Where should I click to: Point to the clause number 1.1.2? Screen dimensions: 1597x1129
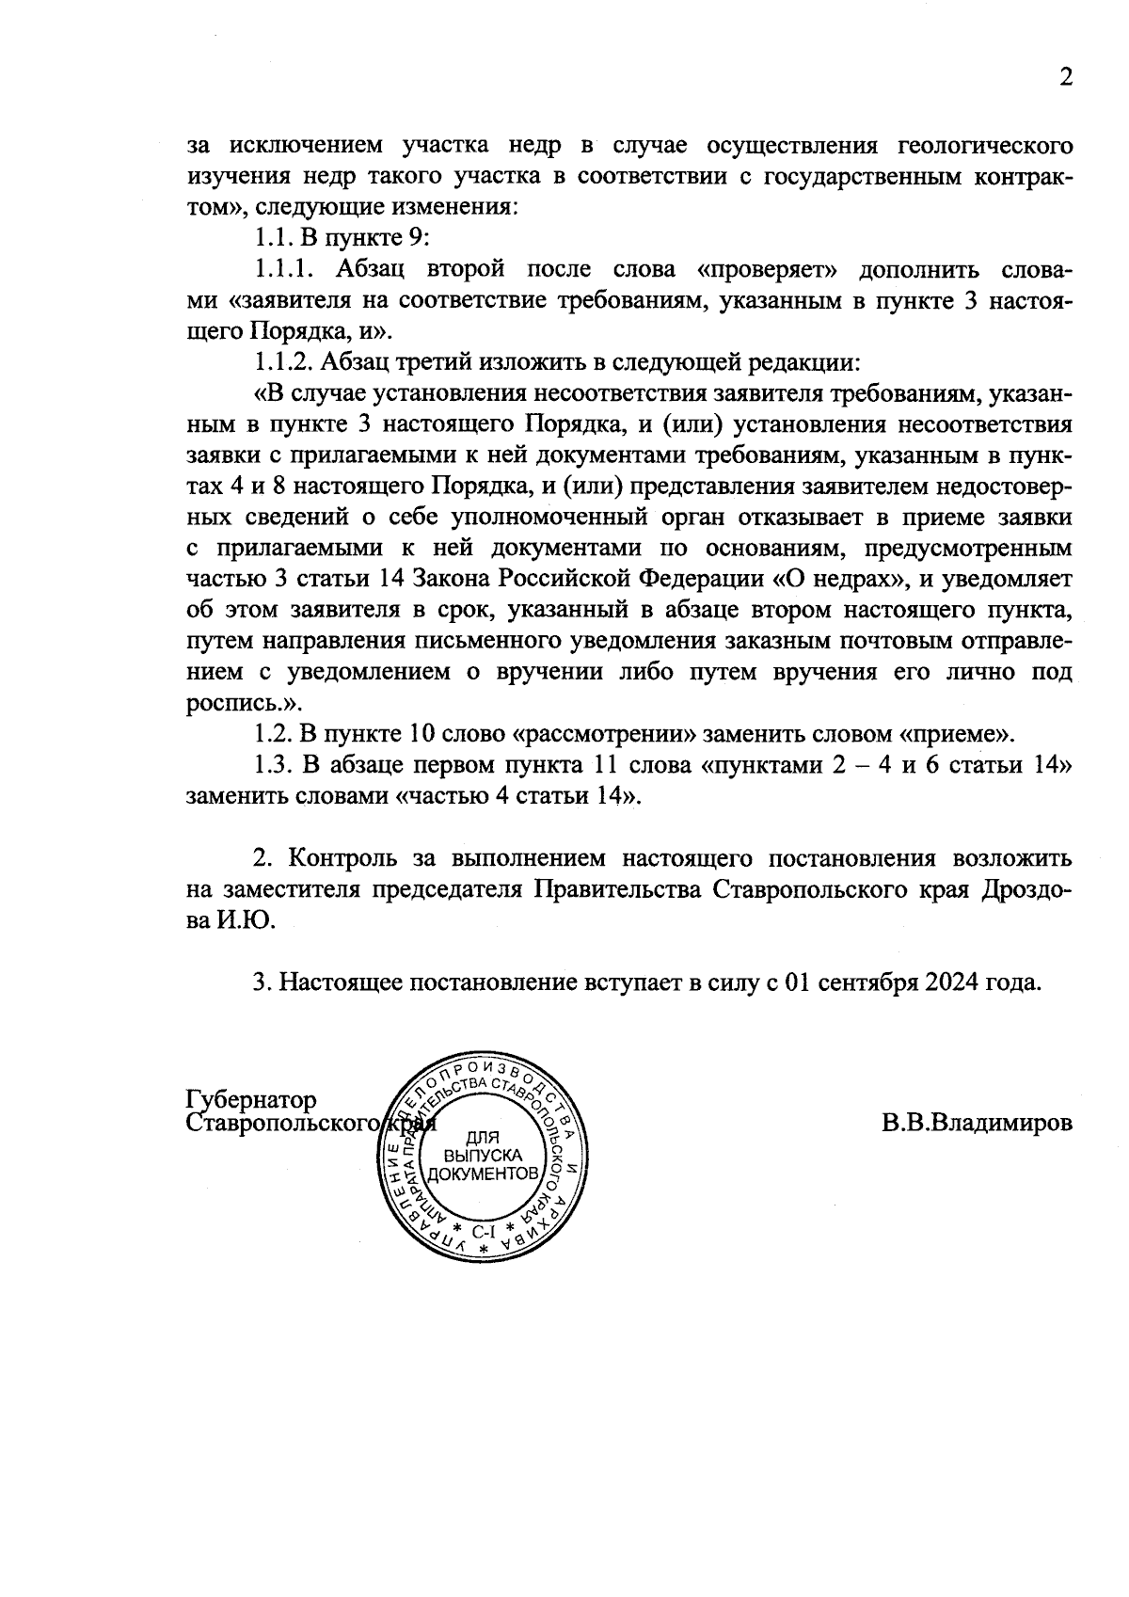(x=285, y=362)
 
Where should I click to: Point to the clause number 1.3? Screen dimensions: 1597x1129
(x=272, y=765)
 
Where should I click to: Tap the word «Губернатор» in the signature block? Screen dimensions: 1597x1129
(x=252, y=1100)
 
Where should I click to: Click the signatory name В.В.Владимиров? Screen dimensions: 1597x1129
(x=977, y=1124)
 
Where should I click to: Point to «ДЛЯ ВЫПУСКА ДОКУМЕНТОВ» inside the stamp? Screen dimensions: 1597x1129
(x=483, y=1156)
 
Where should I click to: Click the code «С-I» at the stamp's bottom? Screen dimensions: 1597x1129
(x=483, y=1231)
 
